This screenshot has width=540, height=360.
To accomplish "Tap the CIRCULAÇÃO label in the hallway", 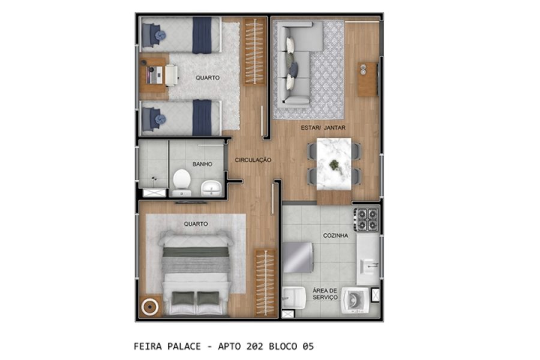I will pos(253,160).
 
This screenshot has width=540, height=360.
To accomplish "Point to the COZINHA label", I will pos(335,236).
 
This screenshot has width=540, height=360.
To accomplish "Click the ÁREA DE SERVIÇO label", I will pos(325,294).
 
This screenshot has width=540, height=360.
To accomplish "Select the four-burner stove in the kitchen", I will pos(366,220).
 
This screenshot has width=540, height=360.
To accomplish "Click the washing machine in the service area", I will pos(355,300).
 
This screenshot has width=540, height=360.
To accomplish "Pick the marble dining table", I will pos(334,164).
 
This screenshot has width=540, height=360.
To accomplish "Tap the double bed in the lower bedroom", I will pos(195,273).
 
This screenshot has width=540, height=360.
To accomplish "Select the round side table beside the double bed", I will pos(149,307).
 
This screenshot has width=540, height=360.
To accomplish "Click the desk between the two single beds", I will pos(154,74).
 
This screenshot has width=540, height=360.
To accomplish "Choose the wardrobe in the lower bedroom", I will pos(265,282).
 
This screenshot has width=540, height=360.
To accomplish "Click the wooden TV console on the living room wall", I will pos(367,79).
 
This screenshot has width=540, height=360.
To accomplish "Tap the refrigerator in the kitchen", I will pos(298,257).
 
